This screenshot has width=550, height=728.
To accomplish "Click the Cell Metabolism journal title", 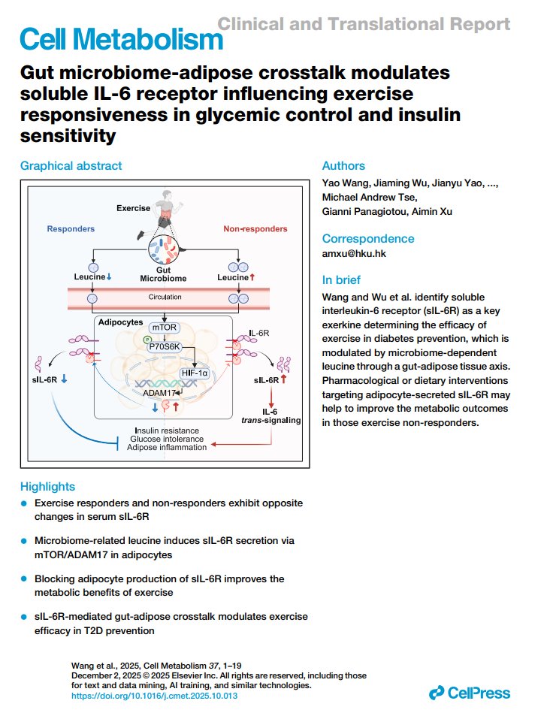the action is [x=121, y=39].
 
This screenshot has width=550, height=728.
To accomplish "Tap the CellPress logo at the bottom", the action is [x=469, y=693].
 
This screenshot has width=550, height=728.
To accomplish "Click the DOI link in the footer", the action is [x=154, y=696].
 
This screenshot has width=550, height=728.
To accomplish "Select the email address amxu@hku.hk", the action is [x=354, y=253].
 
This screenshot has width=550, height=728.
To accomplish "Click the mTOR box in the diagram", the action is [x=165, y=328].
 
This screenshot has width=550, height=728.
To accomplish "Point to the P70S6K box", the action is [x=165, y=346].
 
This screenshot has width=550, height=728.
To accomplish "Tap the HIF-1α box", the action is [x=195, y=373].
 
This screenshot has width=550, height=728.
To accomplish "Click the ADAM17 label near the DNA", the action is [x=159, y=393].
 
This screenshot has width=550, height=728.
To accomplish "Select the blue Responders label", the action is [x=71, y=229].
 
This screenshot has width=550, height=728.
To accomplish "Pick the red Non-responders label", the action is [x=255, y=229].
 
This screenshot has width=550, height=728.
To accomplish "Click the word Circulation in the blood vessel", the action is [x=165, y=298].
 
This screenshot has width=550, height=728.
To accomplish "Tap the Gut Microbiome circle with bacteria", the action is [x=164, y=249].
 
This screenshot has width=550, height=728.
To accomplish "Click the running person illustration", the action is [x=161, y=213].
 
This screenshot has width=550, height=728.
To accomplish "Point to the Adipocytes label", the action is [x=121, y=322].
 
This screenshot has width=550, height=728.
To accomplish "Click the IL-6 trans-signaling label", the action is [x=270, y=416].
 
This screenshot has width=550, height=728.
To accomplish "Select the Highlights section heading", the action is [x=47, y=487].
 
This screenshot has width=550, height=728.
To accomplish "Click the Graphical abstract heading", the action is [x=71, y=166].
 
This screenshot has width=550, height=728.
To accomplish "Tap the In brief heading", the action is [x=341, y=280].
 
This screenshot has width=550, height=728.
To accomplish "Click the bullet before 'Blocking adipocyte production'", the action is [x=24, y=579].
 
